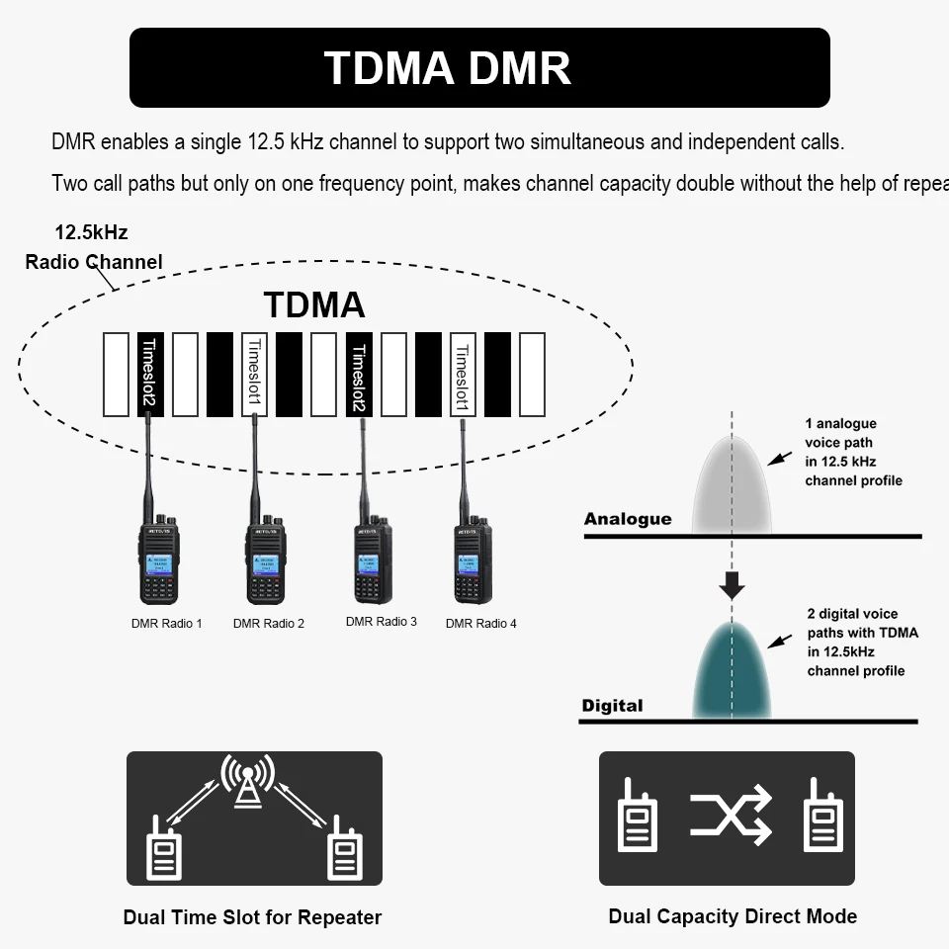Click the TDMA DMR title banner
click(x=479, y=67)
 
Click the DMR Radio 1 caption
click(x=166, y=624)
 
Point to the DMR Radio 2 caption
click(x=269, y=624)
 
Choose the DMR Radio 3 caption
click(x=382, y=622)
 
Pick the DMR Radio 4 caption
click(x=481, y=624)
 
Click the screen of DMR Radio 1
click(x=158, y=564)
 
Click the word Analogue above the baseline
click(x=627, y=519)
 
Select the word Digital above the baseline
click(x=612, y=706)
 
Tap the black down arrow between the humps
click(x=732, y=585)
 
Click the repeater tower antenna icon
click(x=247, y=782)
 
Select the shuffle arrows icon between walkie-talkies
click(x=731, y=816)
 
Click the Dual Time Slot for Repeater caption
click(x=252, y=917)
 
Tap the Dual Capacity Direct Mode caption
click(x=733, y=916)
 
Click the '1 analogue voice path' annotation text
click(x=853, y=453)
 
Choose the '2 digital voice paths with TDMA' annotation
click(x=861, y=643)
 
